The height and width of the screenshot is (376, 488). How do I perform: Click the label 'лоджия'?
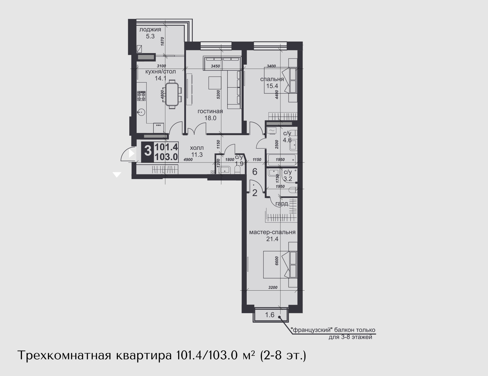pos(150,30)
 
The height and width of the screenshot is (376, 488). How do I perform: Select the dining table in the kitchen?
pos(172,94)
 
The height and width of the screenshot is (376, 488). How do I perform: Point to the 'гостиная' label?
pos(210,112)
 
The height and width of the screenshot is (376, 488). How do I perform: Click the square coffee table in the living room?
pos(215,83)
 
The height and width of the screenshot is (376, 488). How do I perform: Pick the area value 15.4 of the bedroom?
pos(272,86)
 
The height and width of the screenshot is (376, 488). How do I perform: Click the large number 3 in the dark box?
pos(148,151)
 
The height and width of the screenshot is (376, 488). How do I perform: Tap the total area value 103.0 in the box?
pos(166,157)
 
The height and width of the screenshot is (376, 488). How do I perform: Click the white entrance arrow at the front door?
pos(131,154)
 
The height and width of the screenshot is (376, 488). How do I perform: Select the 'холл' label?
pos(197,148)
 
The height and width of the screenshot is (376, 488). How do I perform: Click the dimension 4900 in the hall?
pos(188,159)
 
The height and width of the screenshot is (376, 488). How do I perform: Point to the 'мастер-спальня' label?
pos(272,232)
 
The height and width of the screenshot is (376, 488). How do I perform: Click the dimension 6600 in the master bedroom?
pos(277,261)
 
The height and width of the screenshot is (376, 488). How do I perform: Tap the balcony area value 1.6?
pos(270,315)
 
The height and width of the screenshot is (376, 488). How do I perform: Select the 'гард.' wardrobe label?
pos(282,204)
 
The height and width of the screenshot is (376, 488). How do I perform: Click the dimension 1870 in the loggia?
pos(163,41)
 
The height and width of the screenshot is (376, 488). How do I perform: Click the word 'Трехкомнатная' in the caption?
pos(64,356)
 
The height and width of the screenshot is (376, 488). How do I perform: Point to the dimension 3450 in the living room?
pos(215,66)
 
